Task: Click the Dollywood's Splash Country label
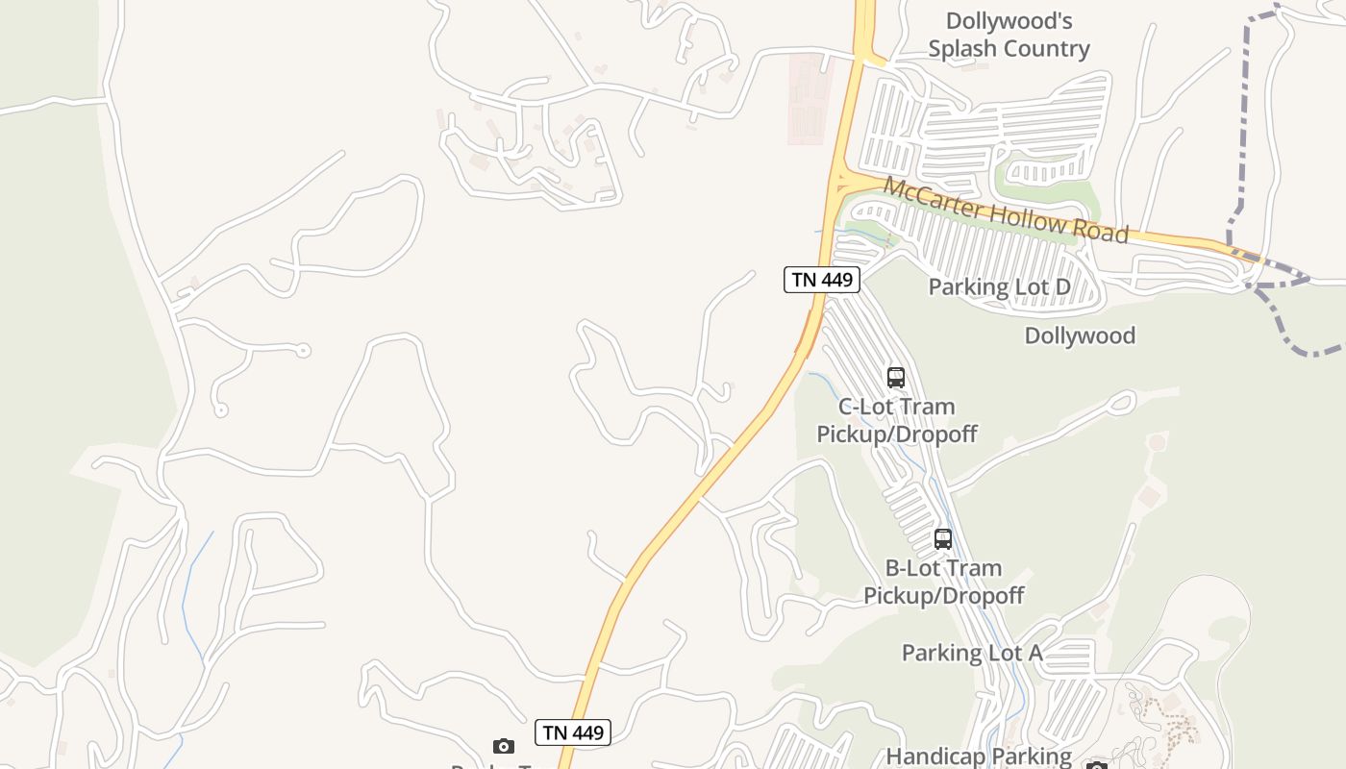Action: point(1009,35)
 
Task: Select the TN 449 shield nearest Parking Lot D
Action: point(821,280)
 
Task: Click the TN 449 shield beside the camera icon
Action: point(573,732)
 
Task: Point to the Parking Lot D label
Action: point(999,286)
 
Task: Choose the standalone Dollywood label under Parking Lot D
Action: point(1080,335)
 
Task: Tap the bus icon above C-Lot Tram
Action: point(896,377)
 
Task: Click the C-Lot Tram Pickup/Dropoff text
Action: point(896,420)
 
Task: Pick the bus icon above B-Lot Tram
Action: point(943,538)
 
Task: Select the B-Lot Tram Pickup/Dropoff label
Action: point(943,582)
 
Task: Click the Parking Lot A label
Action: point(972,653)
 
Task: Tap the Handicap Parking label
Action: point(979,757)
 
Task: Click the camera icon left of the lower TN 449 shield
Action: point(504,746)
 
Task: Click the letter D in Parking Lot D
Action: point(1062,286)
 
